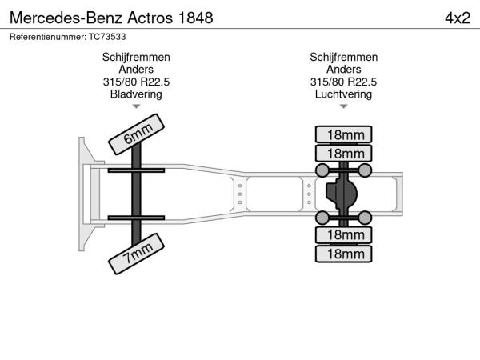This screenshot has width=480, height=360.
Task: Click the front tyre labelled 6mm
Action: click(137, 134)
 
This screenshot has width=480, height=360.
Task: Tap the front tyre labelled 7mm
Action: click(137, 254)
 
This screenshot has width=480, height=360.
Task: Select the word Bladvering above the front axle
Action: click(136, 94)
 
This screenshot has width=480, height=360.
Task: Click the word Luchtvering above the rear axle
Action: click(343, 94)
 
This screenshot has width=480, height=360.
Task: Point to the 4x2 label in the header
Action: click(458, 18)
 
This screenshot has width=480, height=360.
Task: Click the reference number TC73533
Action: click(107, 37)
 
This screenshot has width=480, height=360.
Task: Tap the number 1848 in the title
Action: click(195, 18)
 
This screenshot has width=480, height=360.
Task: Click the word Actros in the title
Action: click(150, 18)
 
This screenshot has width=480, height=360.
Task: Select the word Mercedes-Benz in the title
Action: click(66, 18)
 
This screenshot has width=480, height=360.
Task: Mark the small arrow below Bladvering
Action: click(136, 106)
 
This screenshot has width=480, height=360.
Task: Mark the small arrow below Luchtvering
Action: click(343, 106)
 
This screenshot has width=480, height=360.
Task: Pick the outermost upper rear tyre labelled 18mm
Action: click(343, 134)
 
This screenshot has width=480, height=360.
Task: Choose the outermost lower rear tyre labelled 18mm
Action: click(343, 254)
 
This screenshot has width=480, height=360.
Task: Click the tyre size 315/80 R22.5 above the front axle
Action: click(136, 82)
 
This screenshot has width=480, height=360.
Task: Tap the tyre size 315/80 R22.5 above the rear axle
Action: click(343, 82)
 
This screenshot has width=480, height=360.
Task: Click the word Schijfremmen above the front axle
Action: click(136, 58)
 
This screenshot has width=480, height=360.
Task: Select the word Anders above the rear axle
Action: click(343, 70)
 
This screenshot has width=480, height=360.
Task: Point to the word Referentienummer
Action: click(48, 37)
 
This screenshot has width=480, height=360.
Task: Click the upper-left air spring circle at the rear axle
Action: click(322, 170)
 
